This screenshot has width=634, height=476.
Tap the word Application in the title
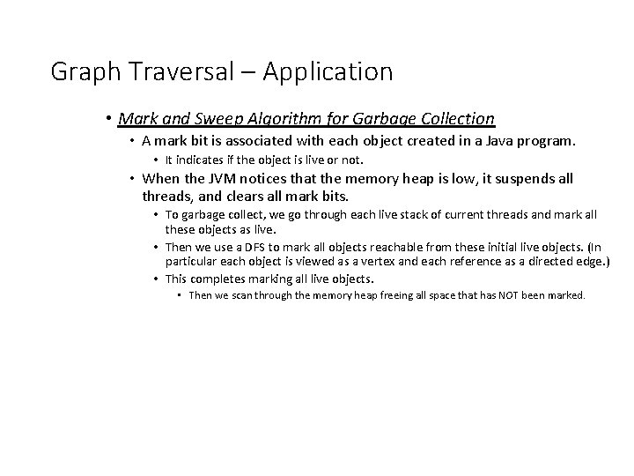pos(327,73)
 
